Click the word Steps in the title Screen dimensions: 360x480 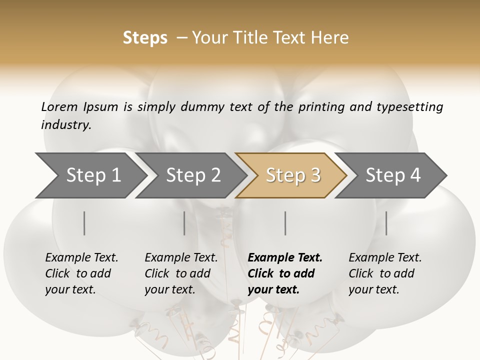[x=145, y=38]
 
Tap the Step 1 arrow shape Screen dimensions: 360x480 [x=93, y=175]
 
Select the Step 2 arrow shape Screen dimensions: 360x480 [x=193, y=175]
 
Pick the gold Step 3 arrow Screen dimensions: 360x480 [x=293, y=175]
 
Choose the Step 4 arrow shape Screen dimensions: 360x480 [x=393, y=175]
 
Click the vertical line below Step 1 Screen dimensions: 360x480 [x=84, y=223]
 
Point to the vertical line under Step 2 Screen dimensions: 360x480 [x=184, y=223]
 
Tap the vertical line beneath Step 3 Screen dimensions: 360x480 [x=285, y=223]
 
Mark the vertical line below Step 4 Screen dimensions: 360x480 [x=386, y=223]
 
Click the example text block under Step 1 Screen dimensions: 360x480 [x=81, y=273]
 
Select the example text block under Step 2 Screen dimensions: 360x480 [x=181, y=273]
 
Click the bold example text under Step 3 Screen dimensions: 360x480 [x=285, y=273]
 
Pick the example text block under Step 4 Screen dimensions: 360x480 [x=385, y=273]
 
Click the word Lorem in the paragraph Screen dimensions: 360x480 [x=59, y=106]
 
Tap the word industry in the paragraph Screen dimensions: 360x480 [x=66, y=124]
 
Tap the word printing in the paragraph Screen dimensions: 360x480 [x=320, y=107]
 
